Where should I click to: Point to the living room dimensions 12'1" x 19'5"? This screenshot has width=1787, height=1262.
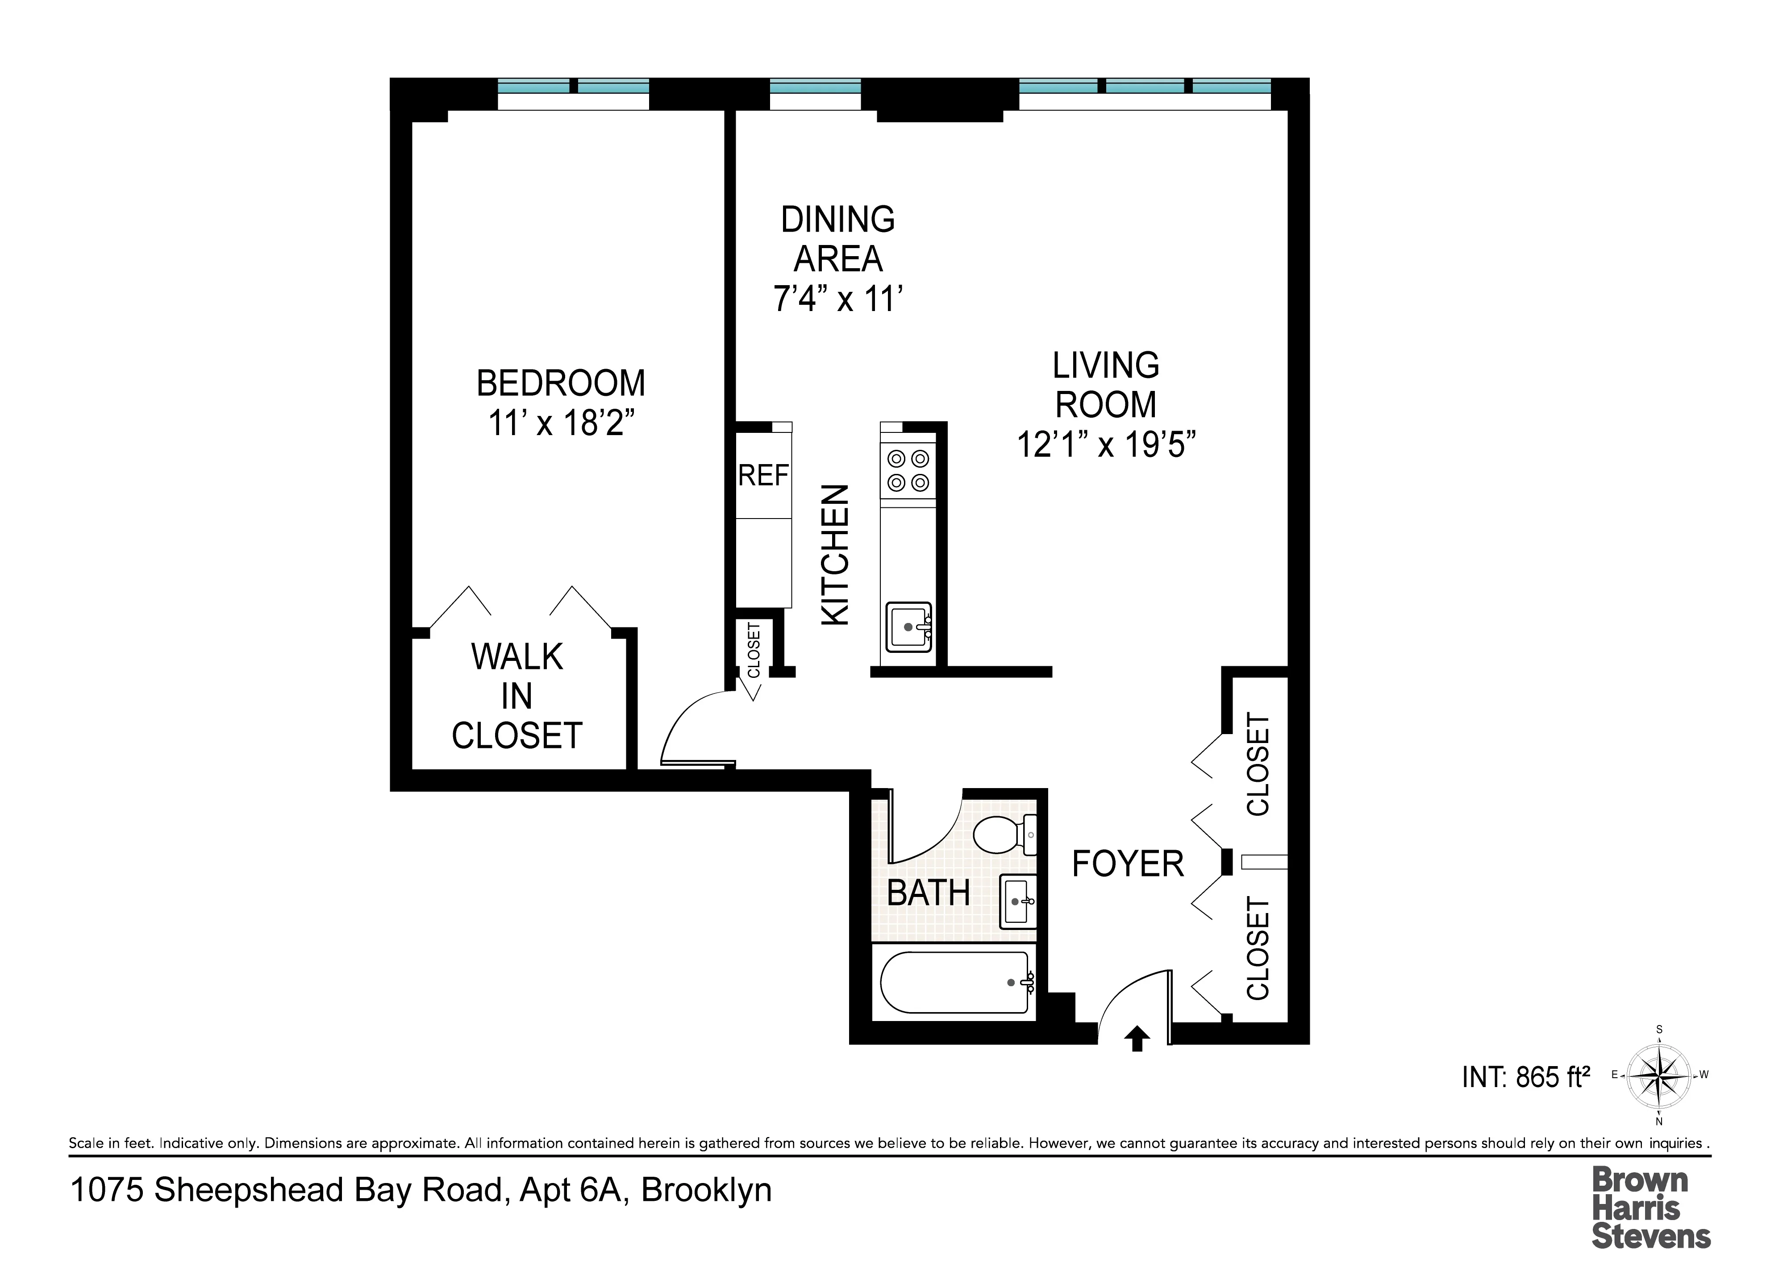click(1105, 445)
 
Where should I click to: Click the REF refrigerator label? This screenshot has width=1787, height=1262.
click(763, 475)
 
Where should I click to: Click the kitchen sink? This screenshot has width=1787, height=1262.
click(908, 627)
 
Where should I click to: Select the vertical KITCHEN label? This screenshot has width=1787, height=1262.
click(835, 555)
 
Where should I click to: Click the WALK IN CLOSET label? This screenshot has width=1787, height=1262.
click(517, 696)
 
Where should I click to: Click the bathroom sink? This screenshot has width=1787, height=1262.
click(1017, 901)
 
